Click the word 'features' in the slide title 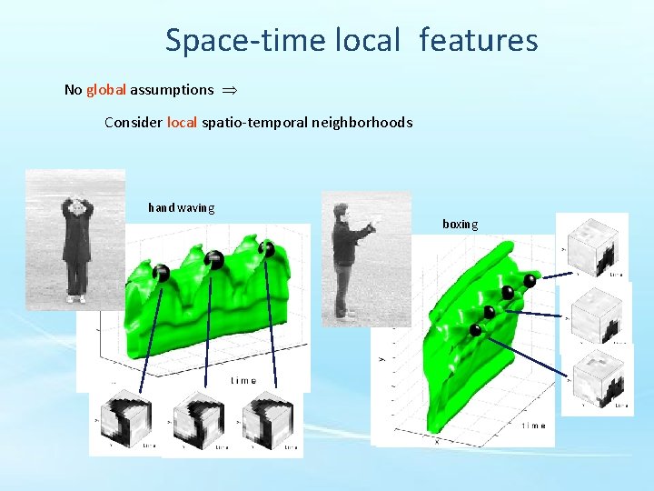(479, 40)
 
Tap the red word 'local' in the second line (182, 122)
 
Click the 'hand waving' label (182, 207)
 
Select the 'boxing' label (460, 224)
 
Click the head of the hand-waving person (77, 208)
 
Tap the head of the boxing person (341, 212)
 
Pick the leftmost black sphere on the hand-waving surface (161, 272)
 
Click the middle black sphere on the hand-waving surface (214, 260)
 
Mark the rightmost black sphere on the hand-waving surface (266, 248)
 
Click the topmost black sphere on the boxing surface (530, 281)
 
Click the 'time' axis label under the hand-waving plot (243, 381)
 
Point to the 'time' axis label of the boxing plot (534, 426)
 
